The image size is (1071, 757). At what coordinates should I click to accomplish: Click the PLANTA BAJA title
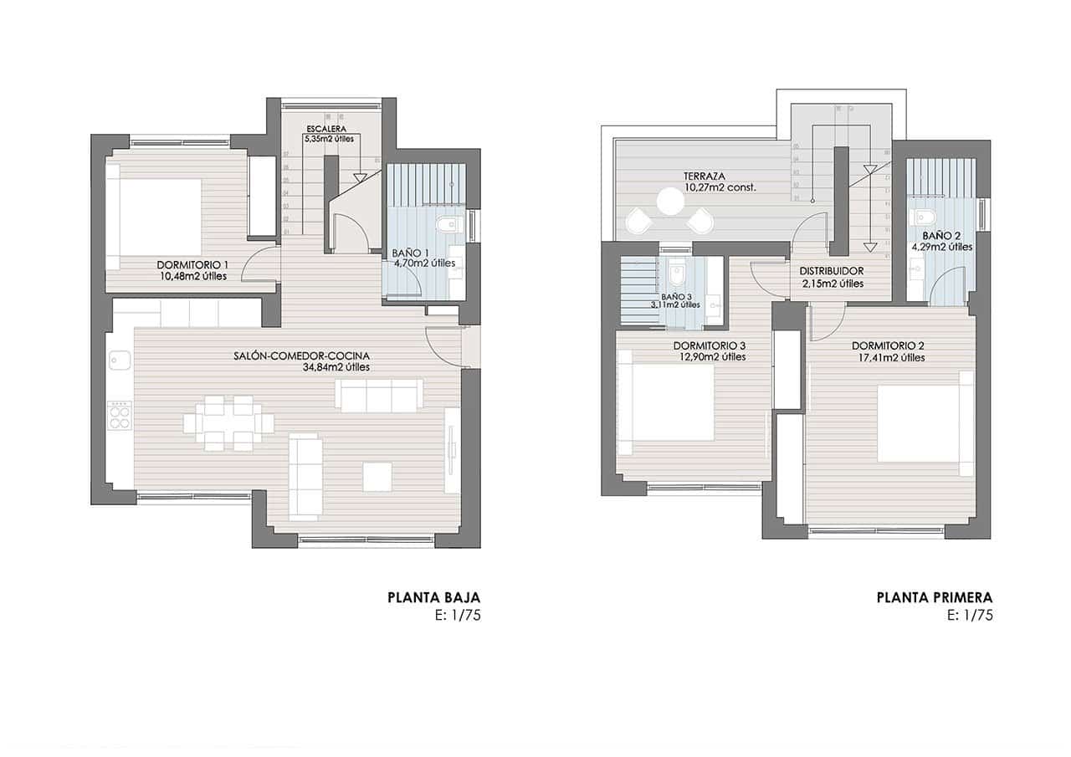click(433, 597)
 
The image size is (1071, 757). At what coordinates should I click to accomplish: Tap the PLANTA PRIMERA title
click(934, 597)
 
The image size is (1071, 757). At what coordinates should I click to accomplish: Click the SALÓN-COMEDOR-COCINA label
click(301, 355)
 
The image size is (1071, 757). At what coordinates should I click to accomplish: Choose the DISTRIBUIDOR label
click(831, 271)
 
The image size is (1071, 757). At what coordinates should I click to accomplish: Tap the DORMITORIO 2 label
click(888, 345)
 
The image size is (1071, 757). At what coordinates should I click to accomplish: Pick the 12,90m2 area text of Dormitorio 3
click(712, 357)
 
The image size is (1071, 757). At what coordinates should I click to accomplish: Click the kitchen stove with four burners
click(120, 415)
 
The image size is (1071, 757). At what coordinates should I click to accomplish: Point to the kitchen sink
click(120, 360)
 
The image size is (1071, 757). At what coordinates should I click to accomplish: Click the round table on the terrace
click(669, 201)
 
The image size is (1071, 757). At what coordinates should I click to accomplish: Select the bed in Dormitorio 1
click(156, 217)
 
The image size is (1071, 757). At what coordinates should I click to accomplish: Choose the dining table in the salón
click(228, 423)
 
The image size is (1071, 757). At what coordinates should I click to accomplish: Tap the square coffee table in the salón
click(377, 477)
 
